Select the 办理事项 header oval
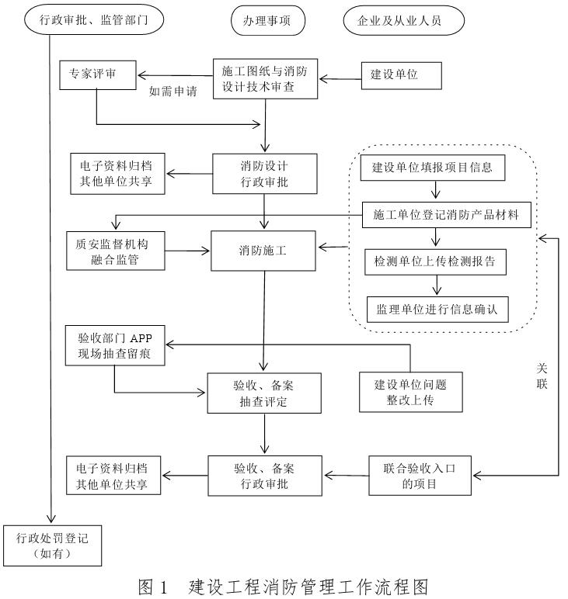coord(268,21)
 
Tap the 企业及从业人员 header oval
coord(403,21)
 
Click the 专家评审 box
coord(97,74)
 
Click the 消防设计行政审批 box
coord(265,173)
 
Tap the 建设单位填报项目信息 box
coord(438,167)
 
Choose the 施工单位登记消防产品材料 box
coord(447,215)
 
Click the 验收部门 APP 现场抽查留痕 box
coord(114,347)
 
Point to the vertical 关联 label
coord(542,376)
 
